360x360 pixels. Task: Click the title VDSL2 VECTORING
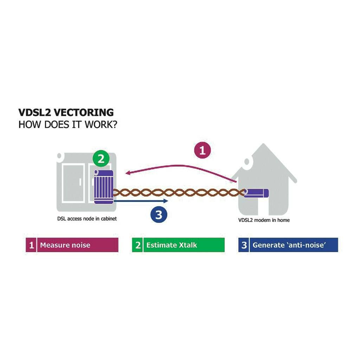coord(66,112)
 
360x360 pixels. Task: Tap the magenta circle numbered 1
coord(202,151)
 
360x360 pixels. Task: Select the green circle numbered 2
coord(101,159)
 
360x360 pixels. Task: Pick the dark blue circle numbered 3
coord(159,215)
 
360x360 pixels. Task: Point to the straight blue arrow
coord(141,201)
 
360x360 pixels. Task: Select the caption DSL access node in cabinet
coord(87,218)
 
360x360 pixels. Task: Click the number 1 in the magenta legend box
coord(31,245)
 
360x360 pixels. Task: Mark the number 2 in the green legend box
coord(138,245)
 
